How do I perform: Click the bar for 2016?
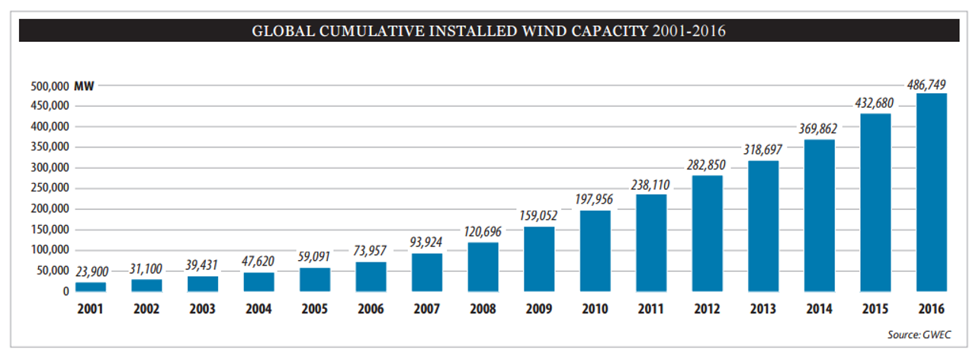click(932, 192)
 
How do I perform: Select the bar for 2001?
click(91, 287)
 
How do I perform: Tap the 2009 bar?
click(539, 259)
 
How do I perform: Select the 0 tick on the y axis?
click(66, 291)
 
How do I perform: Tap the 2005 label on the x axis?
click(315, 310)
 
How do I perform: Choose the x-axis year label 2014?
click(820, 310)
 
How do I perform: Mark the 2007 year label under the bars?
click(427, 310)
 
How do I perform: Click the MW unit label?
click(84, 86)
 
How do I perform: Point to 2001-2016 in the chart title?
click(689, 32)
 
